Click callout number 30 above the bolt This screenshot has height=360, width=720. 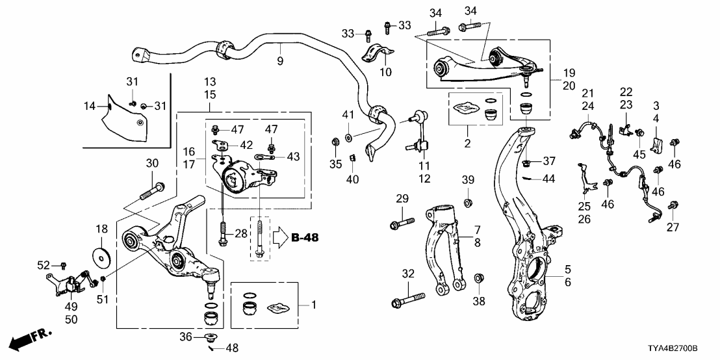152,163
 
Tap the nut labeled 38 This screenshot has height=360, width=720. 479,279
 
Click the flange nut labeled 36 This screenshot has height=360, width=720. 211,337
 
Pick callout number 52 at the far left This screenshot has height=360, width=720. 44,265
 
